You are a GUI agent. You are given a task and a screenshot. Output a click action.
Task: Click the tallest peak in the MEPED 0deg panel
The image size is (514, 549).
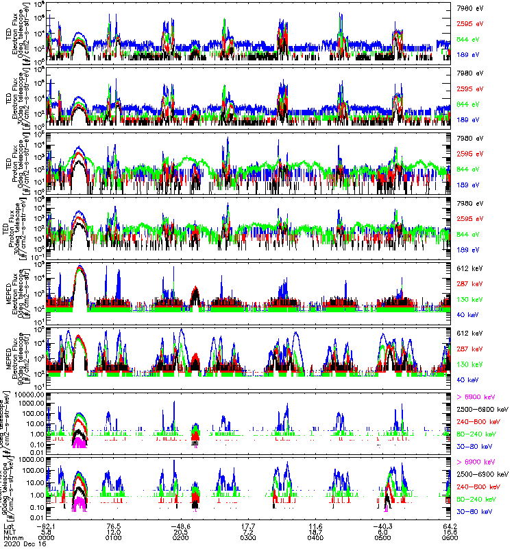coord(80,266)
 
